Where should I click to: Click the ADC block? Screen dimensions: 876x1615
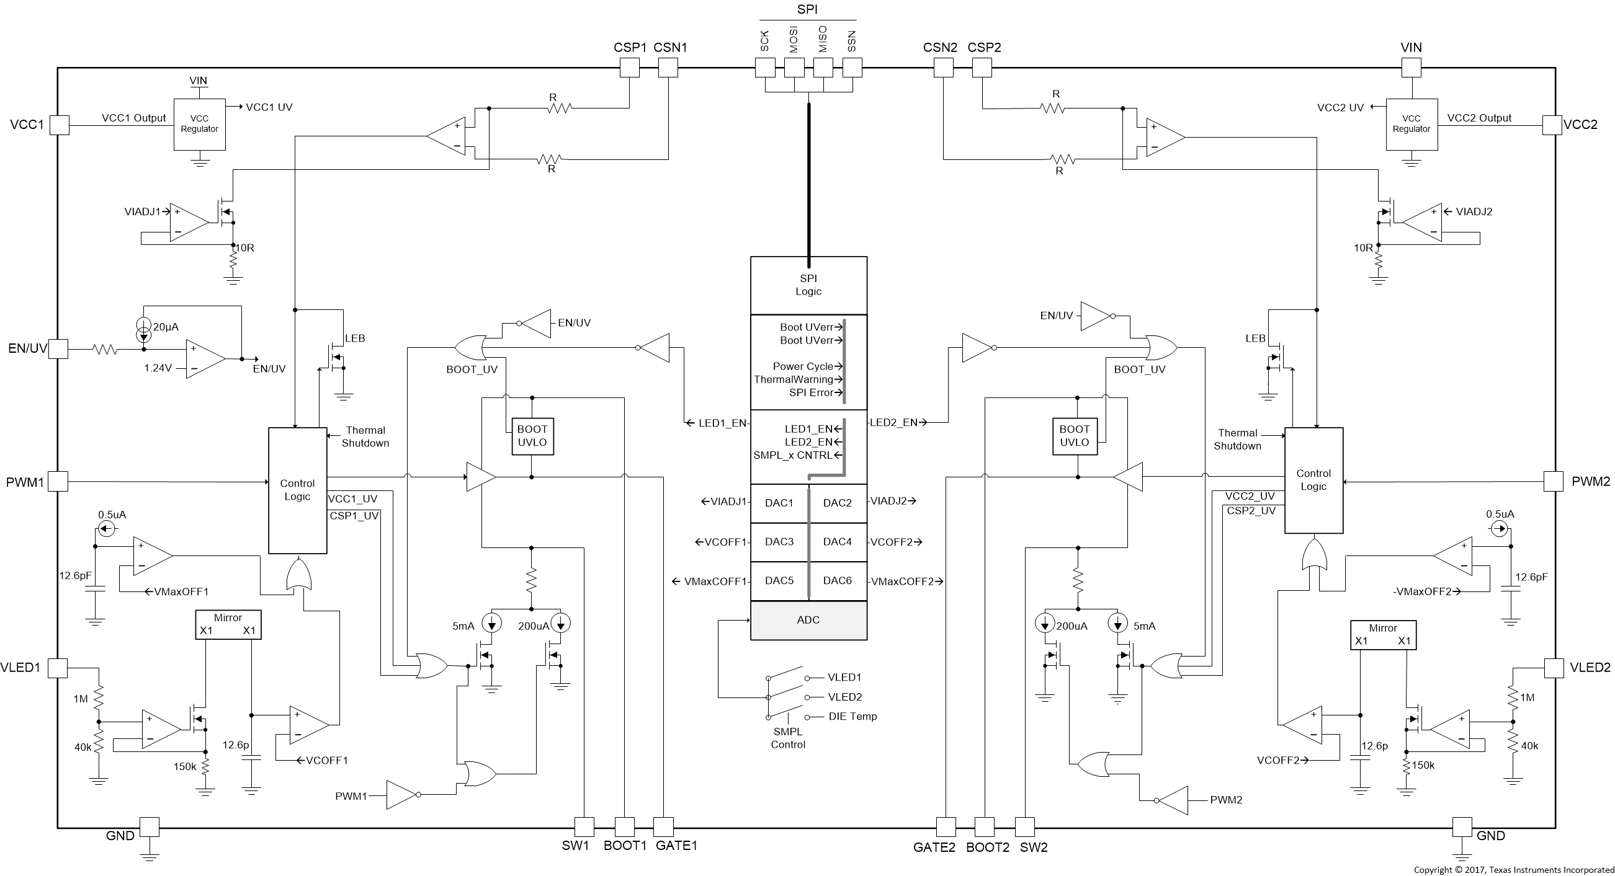click(808, 621)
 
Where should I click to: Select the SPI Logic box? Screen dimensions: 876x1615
click(808, 285)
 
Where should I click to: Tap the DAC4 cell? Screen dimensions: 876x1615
click(837, 542)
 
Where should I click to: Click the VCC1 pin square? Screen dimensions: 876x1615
click(60, 125)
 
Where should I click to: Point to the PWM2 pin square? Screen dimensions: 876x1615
click(1553, 481)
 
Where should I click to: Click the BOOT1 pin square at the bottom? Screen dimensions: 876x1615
click(624, 826)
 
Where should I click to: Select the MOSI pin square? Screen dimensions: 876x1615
click(794, 68)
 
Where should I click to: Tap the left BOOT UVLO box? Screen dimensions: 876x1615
click(532, 436)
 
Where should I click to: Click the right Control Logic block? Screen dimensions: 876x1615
click(1313, 480)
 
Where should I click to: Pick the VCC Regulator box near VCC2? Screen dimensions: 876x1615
click(1411, 124)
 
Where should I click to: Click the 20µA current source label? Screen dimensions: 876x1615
click(166, 327)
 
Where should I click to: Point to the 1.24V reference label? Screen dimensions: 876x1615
click(158, 368)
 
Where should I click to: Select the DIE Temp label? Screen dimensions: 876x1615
click(852, 717)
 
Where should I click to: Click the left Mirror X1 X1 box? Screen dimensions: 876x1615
click(228, 625)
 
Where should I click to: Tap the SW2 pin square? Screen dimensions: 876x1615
click(1024, 826)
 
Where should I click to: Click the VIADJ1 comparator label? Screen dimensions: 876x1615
click(142, 212)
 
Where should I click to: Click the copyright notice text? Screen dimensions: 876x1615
click(1513, 870)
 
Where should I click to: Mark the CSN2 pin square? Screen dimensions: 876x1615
click(944, 68)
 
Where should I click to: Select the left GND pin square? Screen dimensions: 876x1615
click(149, 826)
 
